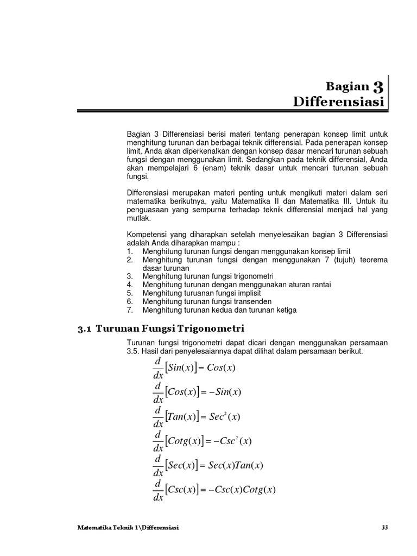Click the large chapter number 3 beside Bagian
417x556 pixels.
coord(378,86)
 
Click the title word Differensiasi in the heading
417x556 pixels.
coord(338,102)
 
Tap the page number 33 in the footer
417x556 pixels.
coord(385,527)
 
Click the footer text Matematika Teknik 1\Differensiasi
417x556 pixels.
coord(129,527)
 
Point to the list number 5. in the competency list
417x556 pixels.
coord(130,293)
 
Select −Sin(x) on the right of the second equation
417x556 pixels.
coord(220,392)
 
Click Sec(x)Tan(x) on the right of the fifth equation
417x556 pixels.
coord(236,465)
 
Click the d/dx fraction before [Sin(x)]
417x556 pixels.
coord(157,368)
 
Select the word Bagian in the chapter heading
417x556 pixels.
coord(347,86)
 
